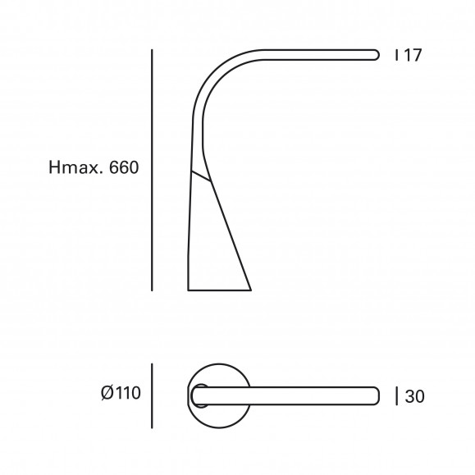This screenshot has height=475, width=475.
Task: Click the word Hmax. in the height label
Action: coord(74,167)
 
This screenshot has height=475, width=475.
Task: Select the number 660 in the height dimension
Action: coord(124,167)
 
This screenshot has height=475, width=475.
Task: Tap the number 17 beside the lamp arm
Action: coord(413,55)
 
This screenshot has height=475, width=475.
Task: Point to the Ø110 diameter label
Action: coord(121,393)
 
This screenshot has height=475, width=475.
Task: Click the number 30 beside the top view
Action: coord(415,396)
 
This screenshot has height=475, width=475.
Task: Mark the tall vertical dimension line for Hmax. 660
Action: coord(152,170)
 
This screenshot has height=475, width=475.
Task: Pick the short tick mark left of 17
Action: coord(396,55)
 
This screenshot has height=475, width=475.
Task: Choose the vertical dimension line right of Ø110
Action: coord(152,395)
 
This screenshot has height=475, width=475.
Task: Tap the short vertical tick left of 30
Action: coord(397,396)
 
